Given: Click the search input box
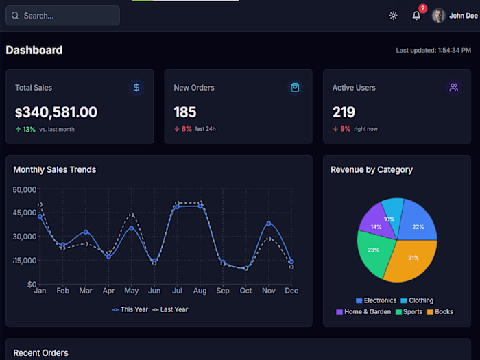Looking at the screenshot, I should (62, 16).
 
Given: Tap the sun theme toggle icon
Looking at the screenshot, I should (393, 16).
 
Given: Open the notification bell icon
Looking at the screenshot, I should (416, 16).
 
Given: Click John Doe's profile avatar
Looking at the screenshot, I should (439, 16).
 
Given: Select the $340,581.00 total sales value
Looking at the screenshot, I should (56, 112).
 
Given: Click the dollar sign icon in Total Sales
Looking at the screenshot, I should (136, 87).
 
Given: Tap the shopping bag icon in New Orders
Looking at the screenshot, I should (295, 87).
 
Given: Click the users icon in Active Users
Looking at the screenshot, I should (453, 87).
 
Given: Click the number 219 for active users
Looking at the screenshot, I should (344, 112).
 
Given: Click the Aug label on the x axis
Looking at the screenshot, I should (200, 291).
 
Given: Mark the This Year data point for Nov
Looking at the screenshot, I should (269, 224).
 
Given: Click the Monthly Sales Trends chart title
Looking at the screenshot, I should (55, 169).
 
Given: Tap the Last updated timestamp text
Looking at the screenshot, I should (433, 51).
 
